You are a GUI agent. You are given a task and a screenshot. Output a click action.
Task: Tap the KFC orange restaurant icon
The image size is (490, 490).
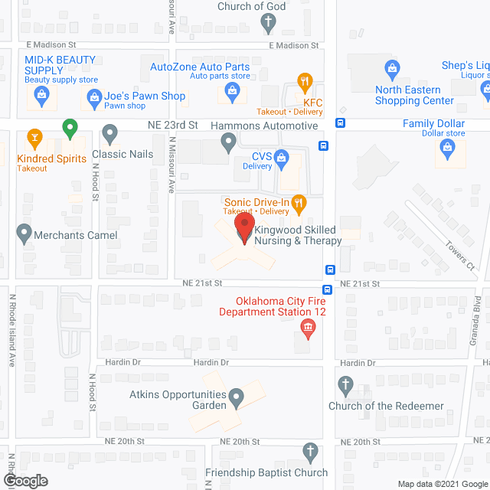point(305,81)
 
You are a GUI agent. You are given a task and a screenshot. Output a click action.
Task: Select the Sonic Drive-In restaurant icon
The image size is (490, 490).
point(299,203)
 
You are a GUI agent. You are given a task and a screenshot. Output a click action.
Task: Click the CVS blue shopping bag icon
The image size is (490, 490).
point(281,158)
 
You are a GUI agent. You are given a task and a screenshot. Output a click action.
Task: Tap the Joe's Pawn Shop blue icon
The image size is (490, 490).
point(94,96)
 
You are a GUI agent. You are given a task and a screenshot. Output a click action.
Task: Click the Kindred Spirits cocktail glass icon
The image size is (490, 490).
point(34,139)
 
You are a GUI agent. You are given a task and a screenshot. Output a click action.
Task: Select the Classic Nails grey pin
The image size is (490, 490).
point(110,136)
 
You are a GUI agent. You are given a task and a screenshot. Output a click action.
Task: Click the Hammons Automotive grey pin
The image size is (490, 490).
point(228,140)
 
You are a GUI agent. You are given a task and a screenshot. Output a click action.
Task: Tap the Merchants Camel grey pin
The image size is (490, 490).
point(24,232)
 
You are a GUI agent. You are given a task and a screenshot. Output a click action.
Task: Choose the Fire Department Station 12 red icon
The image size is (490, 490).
point(308,329)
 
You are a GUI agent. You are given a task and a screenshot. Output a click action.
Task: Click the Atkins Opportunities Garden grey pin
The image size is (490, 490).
point(237,396)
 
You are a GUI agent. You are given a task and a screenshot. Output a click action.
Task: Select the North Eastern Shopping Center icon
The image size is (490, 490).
point(393,70)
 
